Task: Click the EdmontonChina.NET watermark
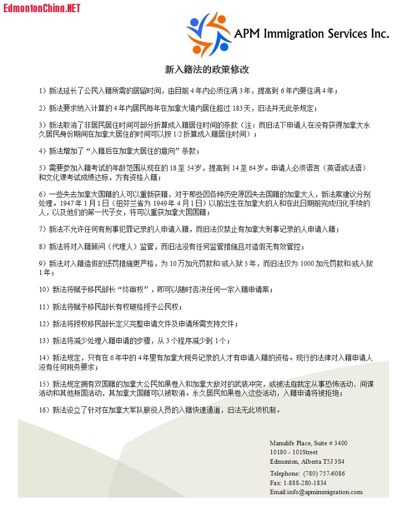click(x=42, y=8)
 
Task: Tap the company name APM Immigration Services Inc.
click(x=311, y=33)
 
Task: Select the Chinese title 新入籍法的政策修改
click(x=207, y=70)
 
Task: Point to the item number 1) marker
click(x=43, y=90)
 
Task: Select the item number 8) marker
click(x=43, y=246)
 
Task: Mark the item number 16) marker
click(x=44, y=410)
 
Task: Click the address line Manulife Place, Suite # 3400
click(x=308, y=443)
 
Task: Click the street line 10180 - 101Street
click(x=294, y=452)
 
